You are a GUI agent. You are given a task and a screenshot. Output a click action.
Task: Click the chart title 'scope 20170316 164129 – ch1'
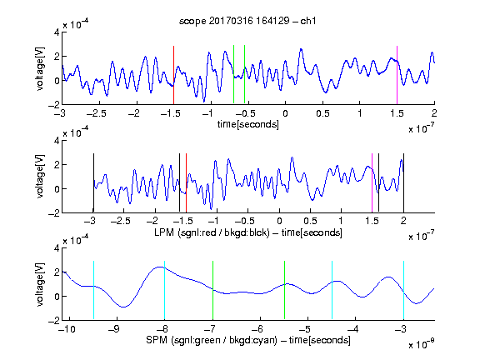coord(247,21)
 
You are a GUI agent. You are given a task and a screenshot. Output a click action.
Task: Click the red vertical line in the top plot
coord(173,75)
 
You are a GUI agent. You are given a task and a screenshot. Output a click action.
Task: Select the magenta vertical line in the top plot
coord(397,75)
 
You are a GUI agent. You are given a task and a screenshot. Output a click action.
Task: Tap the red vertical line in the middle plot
coord(186,183)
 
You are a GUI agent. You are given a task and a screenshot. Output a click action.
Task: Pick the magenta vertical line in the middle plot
coord(372,183)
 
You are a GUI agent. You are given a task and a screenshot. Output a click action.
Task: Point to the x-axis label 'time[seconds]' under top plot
coord(248,124)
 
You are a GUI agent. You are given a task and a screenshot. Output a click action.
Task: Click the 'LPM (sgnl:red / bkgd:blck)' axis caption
coord(212,232)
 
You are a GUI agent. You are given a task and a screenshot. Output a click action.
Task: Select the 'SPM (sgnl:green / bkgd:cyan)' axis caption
coord(211,340)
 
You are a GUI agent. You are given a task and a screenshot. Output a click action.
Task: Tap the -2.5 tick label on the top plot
coord(96,113)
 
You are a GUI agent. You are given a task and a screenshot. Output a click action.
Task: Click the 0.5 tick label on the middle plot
coord(310,221)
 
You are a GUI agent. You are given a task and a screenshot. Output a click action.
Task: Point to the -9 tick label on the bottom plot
coord(114,329)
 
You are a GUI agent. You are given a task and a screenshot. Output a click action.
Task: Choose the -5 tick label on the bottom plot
coord(305,329)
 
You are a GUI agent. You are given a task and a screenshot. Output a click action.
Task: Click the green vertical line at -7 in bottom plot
coord(212,290)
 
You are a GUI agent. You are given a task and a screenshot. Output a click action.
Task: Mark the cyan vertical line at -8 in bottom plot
coord(165,290)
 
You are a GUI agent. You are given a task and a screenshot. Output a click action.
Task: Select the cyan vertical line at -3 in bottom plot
coord(404,290)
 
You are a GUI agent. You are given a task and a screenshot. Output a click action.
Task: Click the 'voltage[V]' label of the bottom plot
coord(40,284)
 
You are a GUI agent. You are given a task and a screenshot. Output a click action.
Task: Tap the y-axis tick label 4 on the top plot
coord(57,32)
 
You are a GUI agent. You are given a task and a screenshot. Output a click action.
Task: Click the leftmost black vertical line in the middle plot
coord(93,183)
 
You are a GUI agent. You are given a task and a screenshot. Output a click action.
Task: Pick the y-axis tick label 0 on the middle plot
coord(57,189)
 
